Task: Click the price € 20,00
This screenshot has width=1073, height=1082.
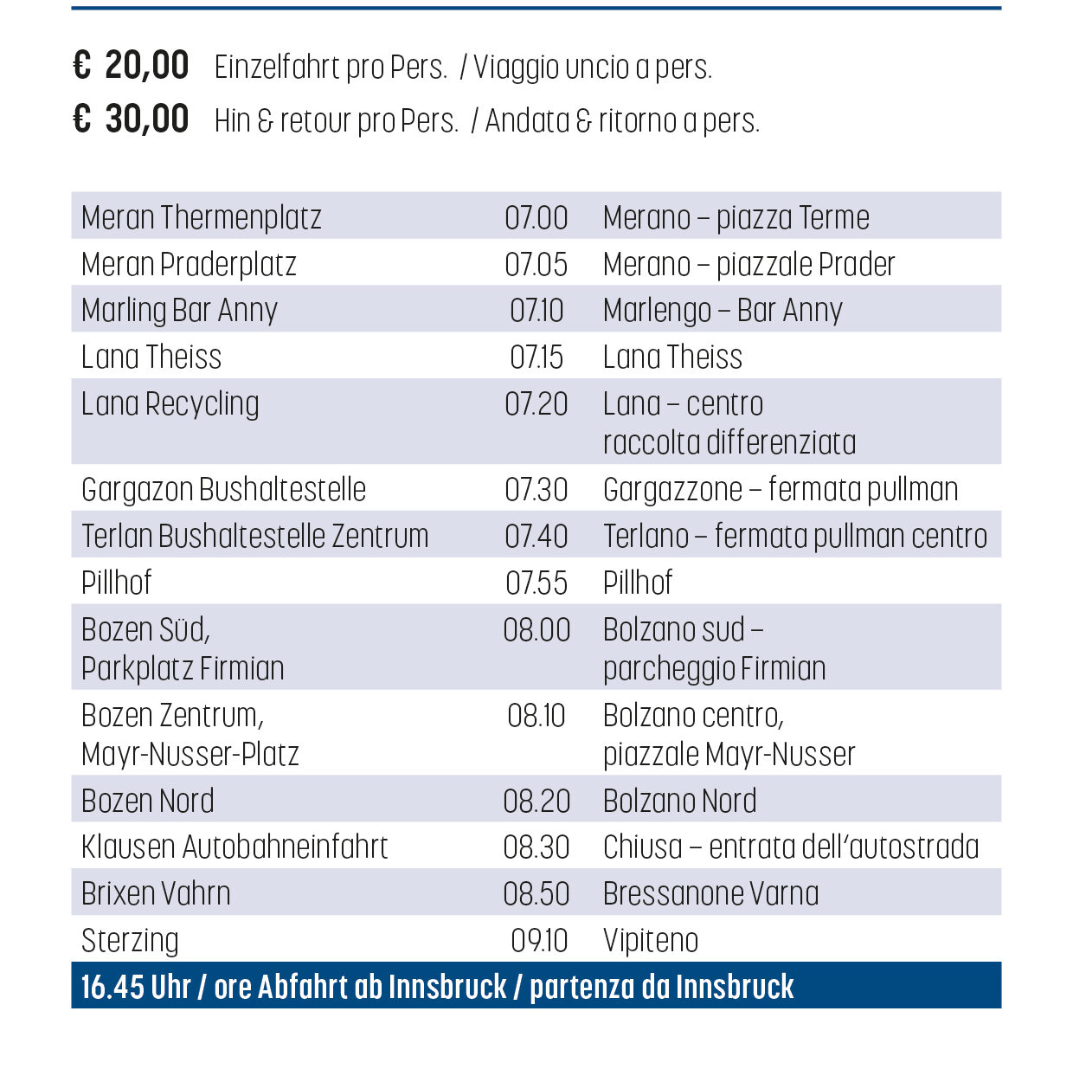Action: coord(132,66)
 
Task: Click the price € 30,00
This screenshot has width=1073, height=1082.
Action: coord(132,119)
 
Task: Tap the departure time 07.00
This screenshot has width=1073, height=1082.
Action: coord(536,217)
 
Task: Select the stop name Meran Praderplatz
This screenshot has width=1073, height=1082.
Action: coord(189,264)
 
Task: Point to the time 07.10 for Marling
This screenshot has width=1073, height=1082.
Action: coord(536,310)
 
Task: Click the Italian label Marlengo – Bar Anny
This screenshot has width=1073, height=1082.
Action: coord(723,310)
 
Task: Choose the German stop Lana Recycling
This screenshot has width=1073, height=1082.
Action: coord(170,403)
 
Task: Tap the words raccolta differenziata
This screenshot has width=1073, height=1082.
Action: coord(729,442)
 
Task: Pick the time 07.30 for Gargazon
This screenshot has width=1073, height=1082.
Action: coord(536,489)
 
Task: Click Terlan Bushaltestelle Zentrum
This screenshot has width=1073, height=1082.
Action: coord(255,536)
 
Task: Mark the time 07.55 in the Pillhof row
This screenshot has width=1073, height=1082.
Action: coord(536,583)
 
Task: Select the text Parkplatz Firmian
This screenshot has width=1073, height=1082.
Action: coord(183,668)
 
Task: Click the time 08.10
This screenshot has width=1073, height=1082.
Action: coord(536,715)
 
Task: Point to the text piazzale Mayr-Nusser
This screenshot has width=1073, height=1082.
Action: coord(729,754)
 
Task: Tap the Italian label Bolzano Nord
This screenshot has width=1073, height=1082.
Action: coord(680,801)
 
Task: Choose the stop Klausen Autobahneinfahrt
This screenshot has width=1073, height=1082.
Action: coord(235,847)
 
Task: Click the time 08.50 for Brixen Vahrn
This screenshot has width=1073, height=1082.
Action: coord(536,893)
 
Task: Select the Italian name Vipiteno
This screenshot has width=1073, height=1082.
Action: coord(651,940)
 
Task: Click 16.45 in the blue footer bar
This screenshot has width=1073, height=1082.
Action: coord(111,986)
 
